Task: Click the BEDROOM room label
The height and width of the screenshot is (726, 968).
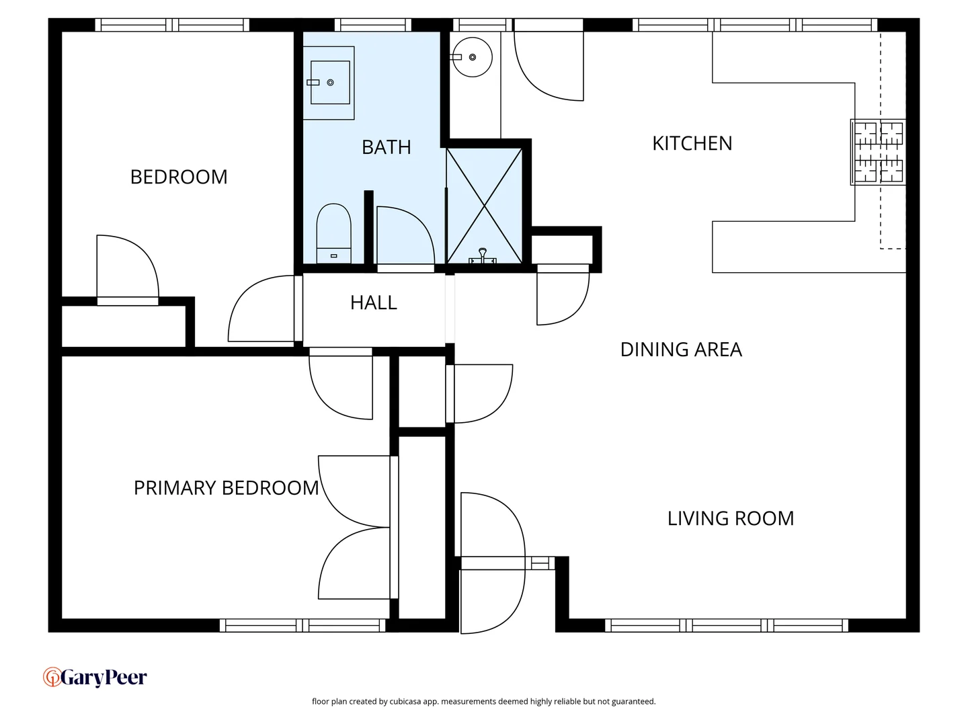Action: (x=179, y=177)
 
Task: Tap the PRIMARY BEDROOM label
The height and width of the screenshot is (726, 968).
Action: (x=226, y=488)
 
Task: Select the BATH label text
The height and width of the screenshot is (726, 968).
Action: (x=386, y=147)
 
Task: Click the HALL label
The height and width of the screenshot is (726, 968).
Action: (x=374, y=302)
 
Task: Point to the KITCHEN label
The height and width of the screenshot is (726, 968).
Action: (x=692, y=143)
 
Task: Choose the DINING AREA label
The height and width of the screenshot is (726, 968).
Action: (x=680, y=350)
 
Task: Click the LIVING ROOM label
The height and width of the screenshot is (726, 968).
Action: (x=730, y=518)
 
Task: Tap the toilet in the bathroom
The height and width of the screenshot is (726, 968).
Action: (x=334, y=233)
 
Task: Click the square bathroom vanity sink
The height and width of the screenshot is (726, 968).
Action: (x=329, y=83)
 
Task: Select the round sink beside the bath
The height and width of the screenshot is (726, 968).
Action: (x=472, y=57)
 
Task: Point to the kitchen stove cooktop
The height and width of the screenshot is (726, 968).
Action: (x=878, y=152)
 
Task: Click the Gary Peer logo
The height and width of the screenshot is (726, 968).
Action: (x=95, y=677)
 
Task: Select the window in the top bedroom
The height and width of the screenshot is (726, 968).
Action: (x=172, y=25)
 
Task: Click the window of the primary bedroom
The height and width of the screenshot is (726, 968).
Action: (x=302, y=625)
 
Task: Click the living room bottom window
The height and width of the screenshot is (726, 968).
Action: (x=726, y=625)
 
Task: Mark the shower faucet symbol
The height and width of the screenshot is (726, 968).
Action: (x=483, y=256)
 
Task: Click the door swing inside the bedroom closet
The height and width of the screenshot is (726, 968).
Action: (x=128, y=266)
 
